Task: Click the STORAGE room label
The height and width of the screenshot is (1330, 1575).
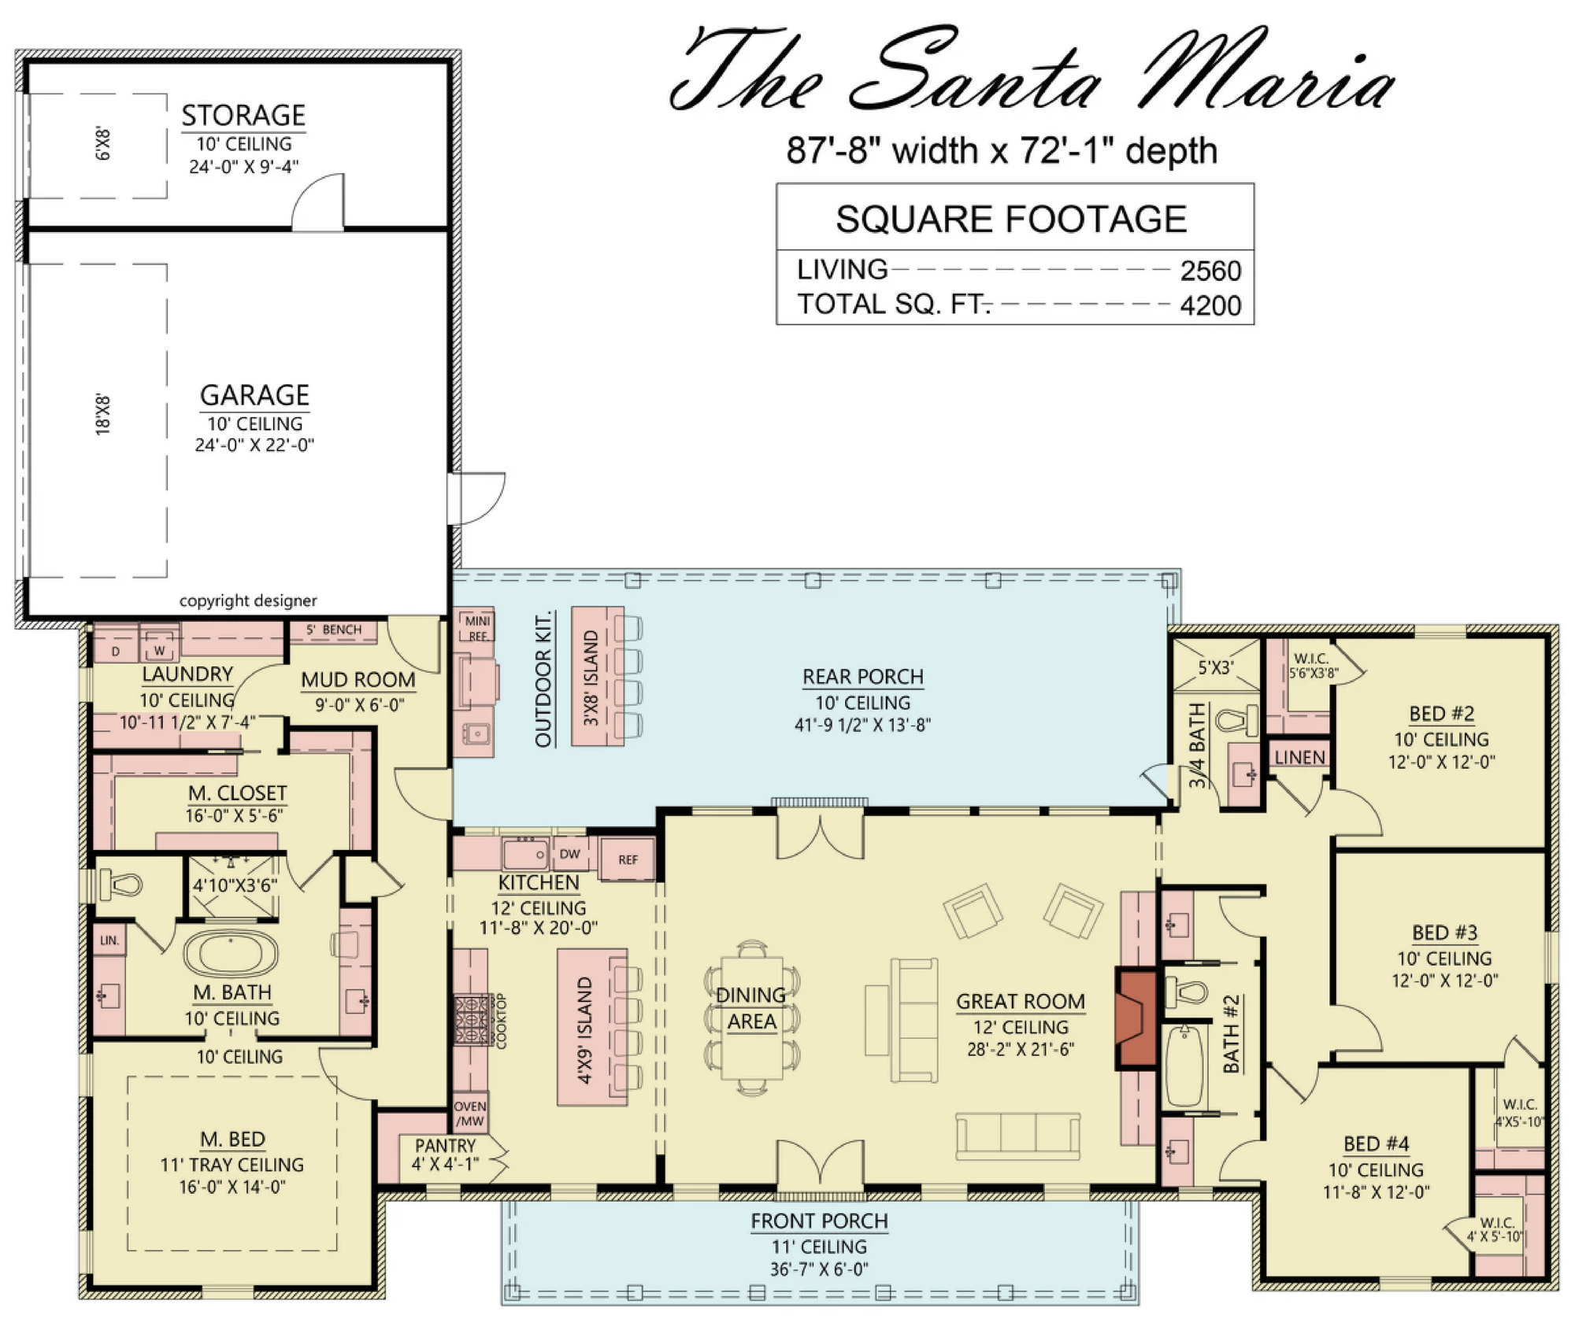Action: pyautogui.click(x=243, y=116)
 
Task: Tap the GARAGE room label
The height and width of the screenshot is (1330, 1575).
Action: pyautogui.click(x=254, y=395)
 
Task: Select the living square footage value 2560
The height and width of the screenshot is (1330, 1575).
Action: pyautogui.click(x=1210, y=271)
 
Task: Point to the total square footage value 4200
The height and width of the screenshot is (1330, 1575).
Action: pyautogui.click(x=1210, y=305)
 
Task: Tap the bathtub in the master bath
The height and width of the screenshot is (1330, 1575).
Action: pyautogui.click(x=231, y=953)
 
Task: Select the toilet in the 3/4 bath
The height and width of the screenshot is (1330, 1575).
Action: pyautogui.click(x=1236, y=719)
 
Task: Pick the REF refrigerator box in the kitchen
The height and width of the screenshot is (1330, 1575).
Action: pyautogui.click(x=628, y=859)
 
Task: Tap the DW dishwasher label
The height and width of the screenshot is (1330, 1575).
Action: pyautogui.click(x=569, y=854)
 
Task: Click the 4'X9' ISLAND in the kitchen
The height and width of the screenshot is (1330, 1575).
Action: pyautogui.click(x=592, y=1027)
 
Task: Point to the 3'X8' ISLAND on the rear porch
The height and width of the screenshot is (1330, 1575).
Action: pyautogui.click(x=598, y=676)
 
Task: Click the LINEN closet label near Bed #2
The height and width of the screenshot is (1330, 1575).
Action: pyautogui.click(x=1299, y=757)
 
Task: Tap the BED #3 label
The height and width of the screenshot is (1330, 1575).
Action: pyautogui.click(x=1444, y=933)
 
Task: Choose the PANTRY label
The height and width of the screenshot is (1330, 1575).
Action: pyautogui.click(x=445, y=1145)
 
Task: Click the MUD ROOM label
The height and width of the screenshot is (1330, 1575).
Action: pyautogui.click(x=358, y=680)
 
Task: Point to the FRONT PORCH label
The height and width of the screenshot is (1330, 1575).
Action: pyautogui.click(x=819, y=1221)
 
